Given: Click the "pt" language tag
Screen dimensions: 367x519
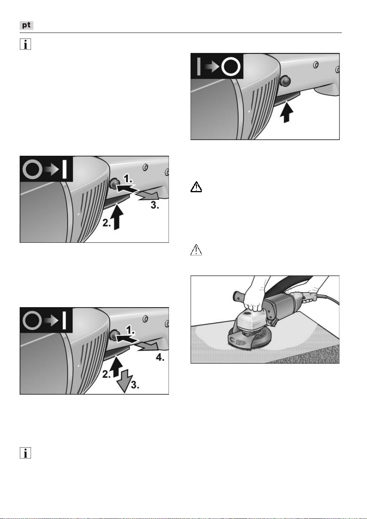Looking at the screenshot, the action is click(26, 25).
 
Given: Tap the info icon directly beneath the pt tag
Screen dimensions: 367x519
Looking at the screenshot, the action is click(25, 44).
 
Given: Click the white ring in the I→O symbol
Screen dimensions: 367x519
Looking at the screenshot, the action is click(231, 67).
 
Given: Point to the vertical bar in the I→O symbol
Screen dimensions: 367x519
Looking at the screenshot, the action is click(199, 67).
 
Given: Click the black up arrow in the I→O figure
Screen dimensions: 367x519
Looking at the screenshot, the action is click(286, 112).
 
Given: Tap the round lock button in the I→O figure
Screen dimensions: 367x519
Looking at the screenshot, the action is click(285, 80).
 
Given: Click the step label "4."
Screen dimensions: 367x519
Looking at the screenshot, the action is click(160, 357).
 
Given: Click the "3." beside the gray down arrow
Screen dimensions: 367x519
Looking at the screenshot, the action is click(135, 385).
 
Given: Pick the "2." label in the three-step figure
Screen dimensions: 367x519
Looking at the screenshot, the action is click(107, 223).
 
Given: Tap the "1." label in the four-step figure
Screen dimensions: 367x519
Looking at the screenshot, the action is click(130, 330).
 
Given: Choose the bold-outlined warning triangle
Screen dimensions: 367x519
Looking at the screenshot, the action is click(196, 187).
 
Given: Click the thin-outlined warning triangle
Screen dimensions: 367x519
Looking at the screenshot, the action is click(196, 249).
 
